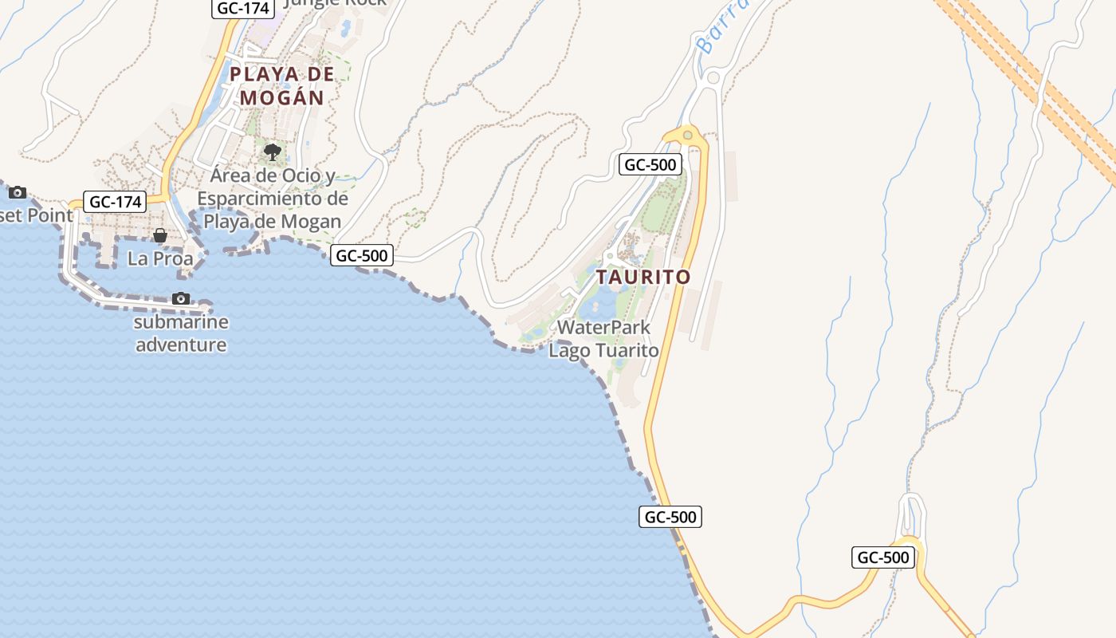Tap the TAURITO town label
pyautogui.click(x=643, y=278)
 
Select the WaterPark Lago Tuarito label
pyautogui.click(x=603, y=339)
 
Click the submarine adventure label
pyautogui.click(x=181, y=333)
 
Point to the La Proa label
pyautogui.click(x=160, y=259)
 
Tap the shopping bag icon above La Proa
pyautogui.click(x=160, y=235)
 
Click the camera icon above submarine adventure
pyautogui.click(x=181, y=298)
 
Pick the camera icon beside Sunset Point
pyautogui.click(x=17, y=192)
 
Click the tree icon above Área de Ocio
pyautogui.click(x=273, y=151)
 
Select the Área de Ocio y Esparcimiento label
pyautogui.click(x=273, y=199)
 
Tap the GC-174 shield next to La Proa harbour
pyautogui.click(x=116, y=202)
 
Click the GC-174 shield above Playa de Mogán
pyautogui.click(x=243, y=9)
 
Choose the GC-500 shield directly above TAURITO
pyautogui.click(x=650, y=165)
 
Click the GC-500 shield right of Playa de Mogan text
pyautogui.click(x=362, y=255)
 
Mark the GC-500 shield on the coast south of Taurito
pyautogui.click(x=670, y=517)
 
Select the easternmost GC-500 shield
pyautogui.click(x=883, y=557)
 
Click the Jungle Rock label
pyautogui.click(x=335, y=2)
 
